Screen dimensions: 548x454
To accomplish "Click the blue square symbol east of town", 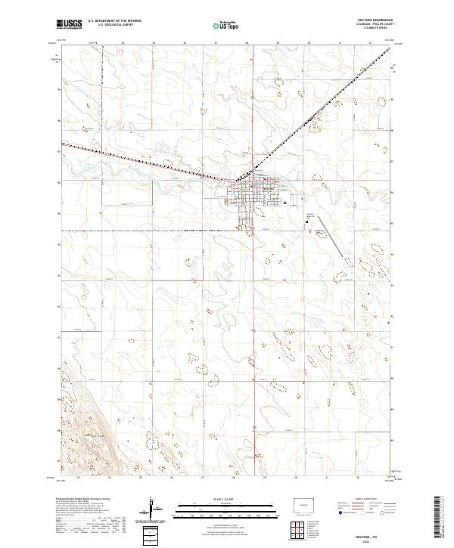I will tap(284, 203).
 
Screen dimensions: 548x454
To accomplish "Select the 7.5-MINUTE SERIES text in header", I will tap(378, 28).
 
